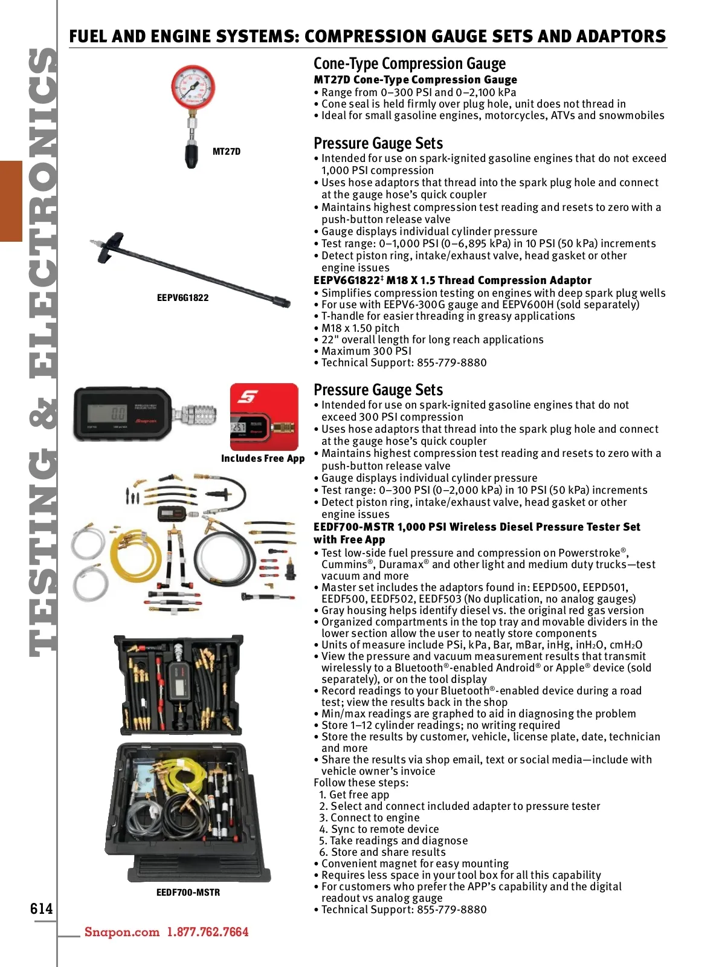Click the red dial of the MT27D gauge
click(x=193, y=88)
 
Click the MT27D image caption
click(x=227, y=152)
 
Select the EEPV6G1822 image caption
click(x=182, y=298)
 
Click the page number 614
click(x=42, y=909)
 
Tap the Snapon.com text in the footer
click(x=122, y=932)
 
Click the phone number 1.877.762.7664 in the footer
click(x=208, y=932)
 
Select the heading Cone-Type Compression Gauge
click(x=409, y=63)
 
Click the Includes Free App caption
click(x=263, y=459)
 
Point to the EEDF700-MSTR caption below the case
click(x=188, y=893)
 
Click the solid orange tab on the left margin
click(x=11, y=201)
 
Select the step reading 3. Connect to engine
click(x=369, y=818)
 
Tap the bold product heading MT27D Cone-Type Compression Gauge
click(x=415, y=80)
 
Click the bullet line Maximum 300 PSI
click(x=366, y=351)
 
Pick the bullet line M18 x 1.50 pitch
click(x=360, y=328)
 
